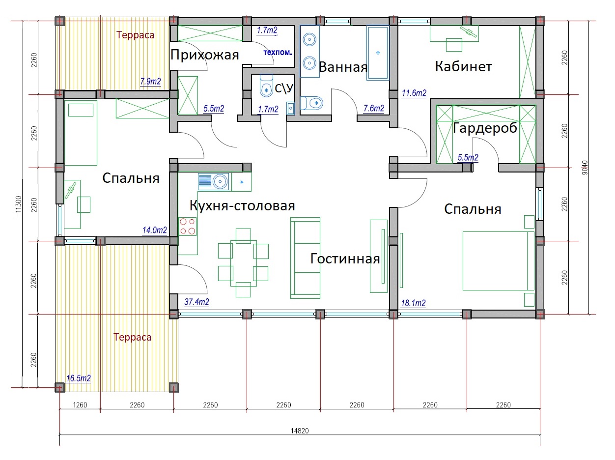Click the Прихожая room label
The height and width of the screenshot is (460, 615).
204,55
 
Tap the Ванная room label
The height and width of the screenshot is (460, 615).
343,67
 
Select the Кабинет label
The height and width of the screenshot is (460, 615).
463,66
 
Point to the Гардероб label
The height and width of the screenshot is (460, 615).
485,128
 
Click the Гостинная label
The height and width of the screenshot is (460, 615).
345,259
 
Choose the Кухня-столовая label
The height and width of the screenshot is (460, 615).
242,206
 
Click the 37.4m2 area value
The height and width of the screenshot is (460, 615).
196,302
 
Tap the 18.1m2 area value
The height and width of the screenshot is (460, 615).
413,303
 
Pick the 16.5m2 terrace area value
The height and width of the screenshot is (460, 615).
79,378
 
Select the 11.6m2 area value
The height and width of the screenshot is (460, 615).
414,93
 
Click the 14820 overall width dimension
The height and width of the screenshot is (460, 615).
300,431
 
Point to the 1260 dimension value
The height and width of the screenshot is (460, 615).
80,405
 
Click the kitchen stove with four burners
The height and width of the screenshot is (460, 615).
188,226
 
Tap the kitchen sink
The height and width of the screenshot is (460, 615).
214,182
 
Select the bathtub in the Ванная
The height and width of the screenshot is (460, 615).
378,53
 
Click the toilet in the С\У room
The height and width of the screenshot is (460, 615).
266,85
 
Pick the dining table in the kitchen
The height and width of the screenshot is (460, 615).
243,263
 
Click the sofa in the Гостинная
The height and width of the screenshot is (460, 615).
305,258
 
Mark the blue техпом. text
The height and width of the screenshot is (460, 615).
278,52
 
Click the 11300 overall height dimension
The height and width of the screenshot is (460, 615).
19,204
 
